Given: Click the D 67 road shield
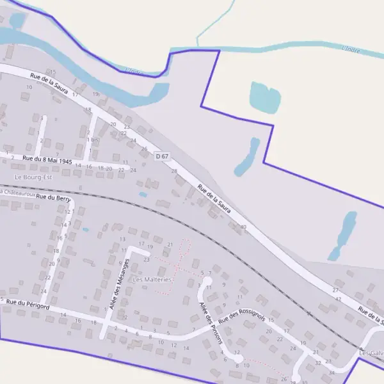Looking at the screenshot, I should pyautogui.click(x=162, y=156).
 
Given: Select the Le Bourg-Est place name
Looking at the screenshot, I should pyautogui.click(x=33, y=177).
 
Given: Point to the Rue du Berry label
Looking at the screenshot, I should pyautogui.click(x=54, y=198).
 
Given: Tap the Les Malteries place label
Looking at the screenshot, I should pyautogui.click(x=152, y=280).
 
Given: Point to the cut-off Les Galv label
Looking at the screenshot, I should pyautogui.click(x=372, y=353).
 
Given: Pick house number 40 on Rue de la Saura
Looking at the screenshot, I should pyautogui.click(x=243, y=227).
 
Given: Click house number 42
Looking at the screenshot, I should pyautogui.click(x=338, y=299).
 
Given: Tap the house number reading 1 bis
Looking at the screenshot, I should pyautogui.click(x=92, y=139).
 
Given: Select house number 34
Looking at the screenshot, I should pyautogui.click(x=331, y=372).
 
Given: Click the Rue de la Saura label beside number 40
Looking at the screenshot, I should pyautogui.click(x=214, y=199).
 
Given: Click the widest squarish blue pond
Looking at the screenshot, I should pyautogui.click(x=265, y=97).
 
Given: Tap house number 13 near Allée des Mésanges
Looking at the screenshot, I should pyautogui.click(x=122, y=239).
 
